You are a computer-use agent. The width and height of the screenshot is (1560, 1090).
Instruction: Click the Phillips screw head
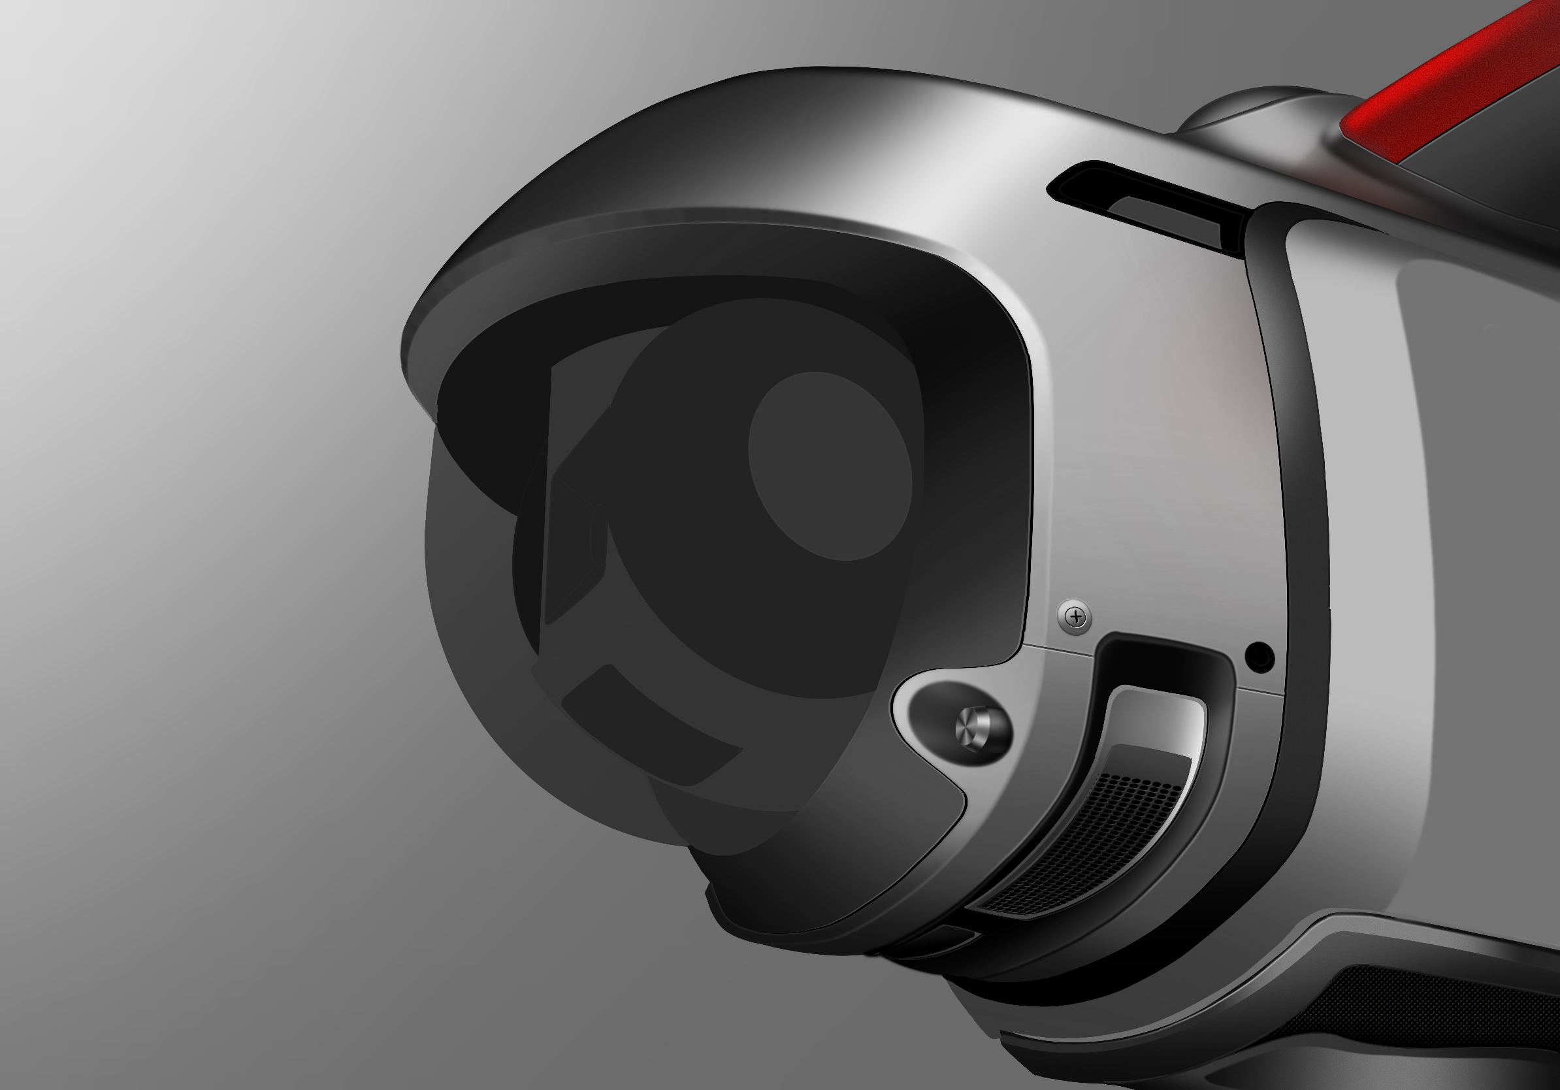click(x=1075, y=617)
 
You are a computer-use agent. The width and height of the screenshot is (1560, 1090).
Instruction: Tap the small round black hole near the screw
click(x=1259, y=657)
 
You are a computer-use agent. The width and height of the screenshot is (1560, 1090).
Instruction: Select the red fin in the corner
click(x=1461, y=82)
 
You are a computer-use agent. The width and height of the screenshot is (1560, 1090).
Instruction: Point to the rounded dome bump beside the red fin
click(x=1257, y=108)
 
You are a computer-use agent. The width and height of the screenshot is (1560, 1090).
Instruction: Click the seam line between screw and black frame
click(x=1060, y=650)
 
